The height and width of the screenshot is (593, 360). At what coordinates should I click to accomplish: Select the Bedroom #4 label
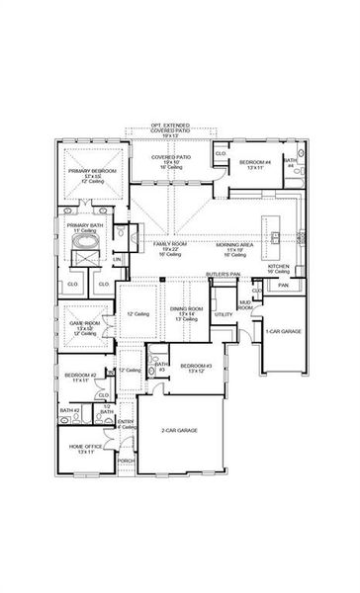click(x=255, y=162)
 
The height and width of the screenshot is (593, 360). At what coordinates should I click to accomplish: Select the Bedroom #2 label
click(x=80, y=378)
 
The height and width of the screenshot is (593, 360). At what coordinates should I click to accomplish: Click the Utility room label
click(x=224, y=315)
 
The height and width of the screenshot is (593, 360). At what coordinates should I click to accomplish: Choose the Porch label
click(x=126, y=461)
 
